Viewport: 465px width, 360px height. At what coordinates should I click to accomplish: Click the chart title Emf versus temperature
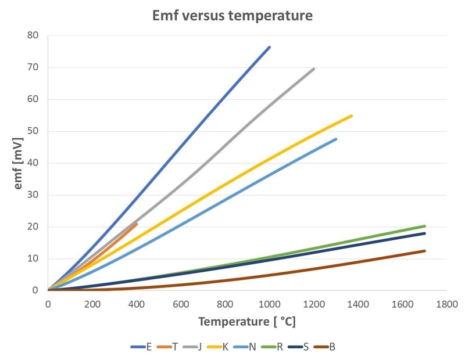[x=233, y=16]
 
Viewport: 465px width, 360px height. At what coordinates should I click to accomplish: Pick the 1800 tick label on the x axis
[x=446, y=303]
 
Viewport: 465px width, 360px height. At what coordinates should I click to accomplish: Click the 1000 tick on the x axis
[x=269, y=303]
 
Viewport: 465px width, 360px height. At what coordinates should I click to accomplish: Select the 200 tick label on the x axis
[x=92, y=303]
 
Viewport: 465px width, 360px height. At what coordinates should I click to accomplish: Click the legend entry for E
[x=143, y=347]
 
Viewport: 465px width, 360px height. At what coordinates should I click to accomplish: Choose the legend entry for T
[x=169, y=347]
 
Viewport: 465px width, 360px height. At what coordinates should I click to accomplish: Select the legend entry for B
[x=325, y=347]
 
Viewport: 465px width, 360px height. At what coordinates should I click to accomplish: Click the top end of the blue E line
[x=269, y=47]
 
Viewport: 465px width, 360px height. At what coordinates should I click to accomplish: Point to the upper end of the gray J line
[x=314, y=69]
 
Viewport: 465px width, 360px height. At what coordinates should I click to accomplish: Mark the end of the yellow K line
[x=351, y=116]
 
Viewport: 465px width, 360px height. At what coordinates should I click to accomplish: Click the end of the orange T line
[x=137, y=224]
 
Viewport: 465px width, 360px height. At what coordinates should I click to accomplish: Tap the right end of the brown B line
[x=424, y=251]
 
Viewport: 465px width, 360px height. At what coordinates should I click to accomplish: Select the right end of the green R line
[x=424, y=226]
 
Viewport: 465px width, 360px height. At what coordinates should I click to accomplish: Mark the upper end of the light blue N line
[x=335, y=139]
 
